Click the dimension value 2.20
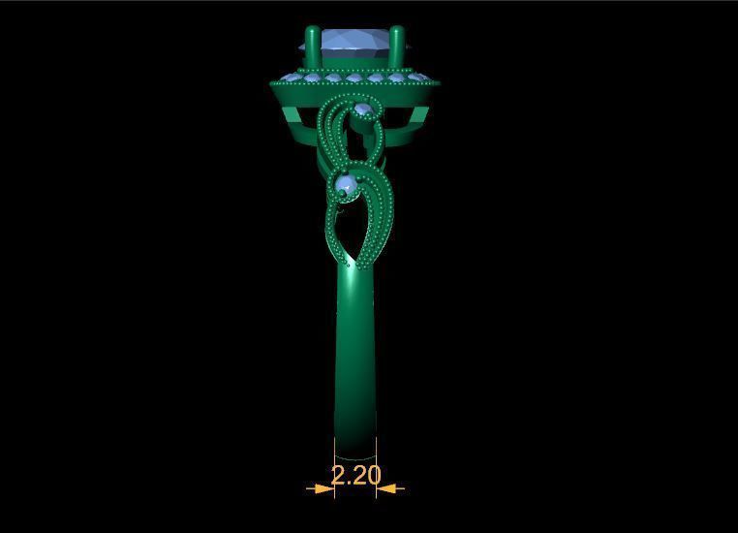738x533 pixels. [x=355, y=475]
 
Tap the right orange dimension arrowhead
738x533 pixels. [x=386, y=488]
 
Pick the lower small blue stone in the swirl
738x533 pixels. [x=345, y=183]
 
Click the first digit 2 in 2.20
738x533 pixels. [x=339, y=475]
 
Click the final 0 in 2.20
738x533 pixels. [x=373, y=475]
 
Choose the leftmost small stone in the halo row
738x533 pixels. [x=289, y=77]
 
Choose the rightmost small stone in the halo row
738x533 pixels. [x=420, y=77]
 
